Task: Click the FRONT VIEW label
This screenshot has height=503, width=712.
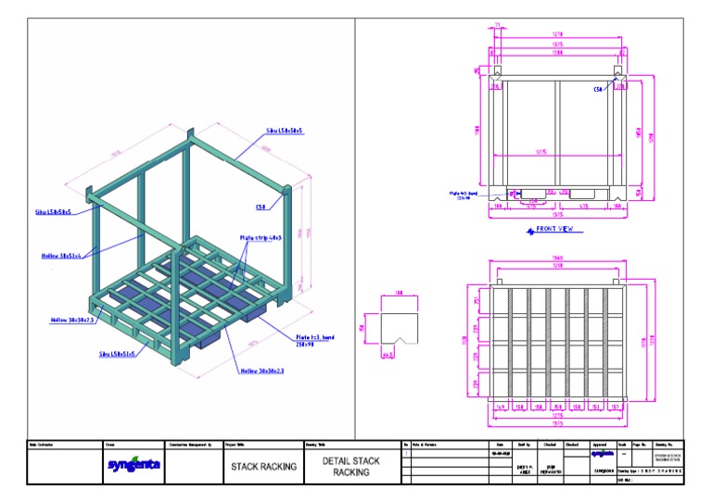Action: [x=554, y=227]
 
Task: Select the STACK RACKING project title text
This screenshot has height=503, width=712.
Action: [x=263, y=467]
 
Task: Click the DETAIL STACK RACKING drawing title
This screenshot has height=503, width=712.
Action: [x=350, y=466]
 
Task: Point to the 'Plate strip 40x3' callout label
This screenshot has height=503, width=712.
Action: [x=260, y=237]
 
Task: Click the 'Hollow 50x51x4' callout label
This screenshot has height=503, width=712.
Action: [x=61, y=256]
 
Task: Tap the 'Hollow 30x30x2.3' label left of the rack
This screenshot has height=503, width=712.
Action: [x=70, y=320]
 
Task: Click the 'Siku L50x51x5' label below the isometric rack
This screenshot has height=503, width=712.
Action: [x=118, y=353]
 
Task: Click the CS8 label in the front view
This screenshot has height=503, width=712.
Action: [x=598, y=90]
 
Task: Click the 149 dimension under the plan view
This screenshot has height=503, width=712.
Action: [x=501, y=405]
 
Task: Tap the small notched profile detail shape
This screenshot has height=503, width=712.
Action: [x=400, y=326]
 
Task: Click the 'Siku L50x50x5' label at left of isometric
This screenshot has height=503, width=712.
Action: [x=55, y=212]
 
